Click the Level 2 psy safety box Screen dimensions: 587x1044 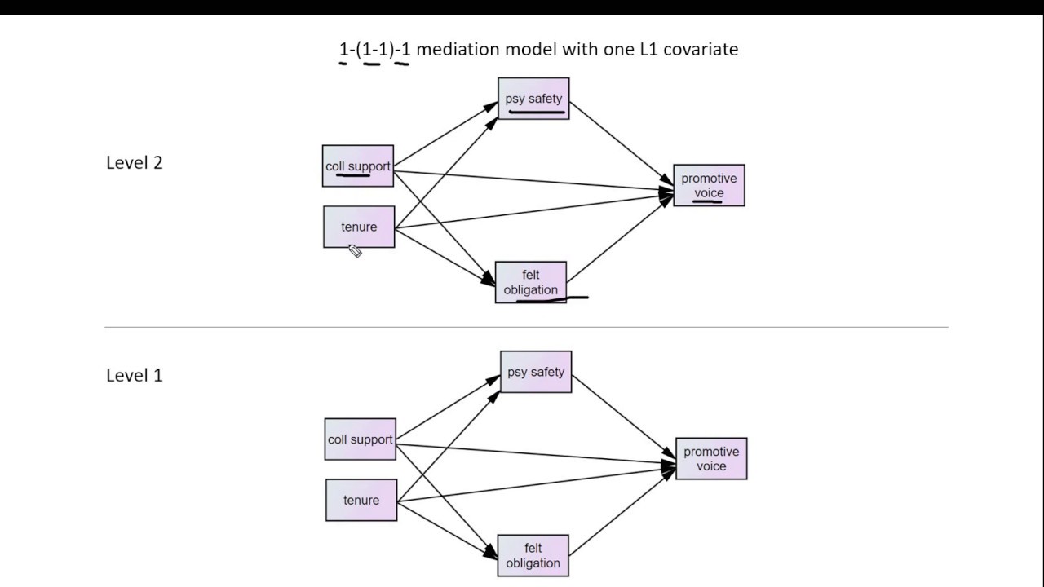(x=533, y=99)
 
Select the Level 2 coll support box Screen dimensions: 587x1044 (x=358, y=166)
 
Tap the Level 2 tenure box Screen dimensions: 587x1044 (x=359, y=227)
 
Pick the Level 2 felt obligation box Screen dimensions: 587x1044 (x=531, y=282)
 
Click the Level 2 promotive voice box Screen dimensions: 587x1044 (x=709, y=185)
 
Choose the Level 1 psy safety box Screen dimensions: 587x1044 (x=536, y=372)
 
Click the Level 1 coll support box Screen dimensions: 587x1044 (x=361, y=439)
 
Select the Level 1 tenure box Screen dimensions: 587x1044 (x=361, y=500)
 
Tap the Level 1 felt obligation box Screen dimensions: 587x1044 (x=533, y=555)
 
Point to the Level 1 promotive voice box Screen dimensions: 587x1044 (x=711, y=458)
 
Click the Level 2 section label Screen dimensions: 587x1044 (x=135, y=162)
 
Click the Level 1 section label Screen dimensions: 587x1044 (x=135, y=375)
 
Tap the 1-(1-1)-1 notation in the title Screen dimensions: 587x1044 (x=375, y=49)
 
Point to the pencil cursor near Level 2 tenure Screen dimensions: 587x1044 (x=355, y=251)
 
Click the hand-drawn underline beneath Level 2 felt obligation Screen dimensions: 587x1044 (x=552, y=299)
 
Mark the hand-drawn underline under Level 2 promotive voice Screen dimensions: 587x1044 (x=708, y=200)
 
